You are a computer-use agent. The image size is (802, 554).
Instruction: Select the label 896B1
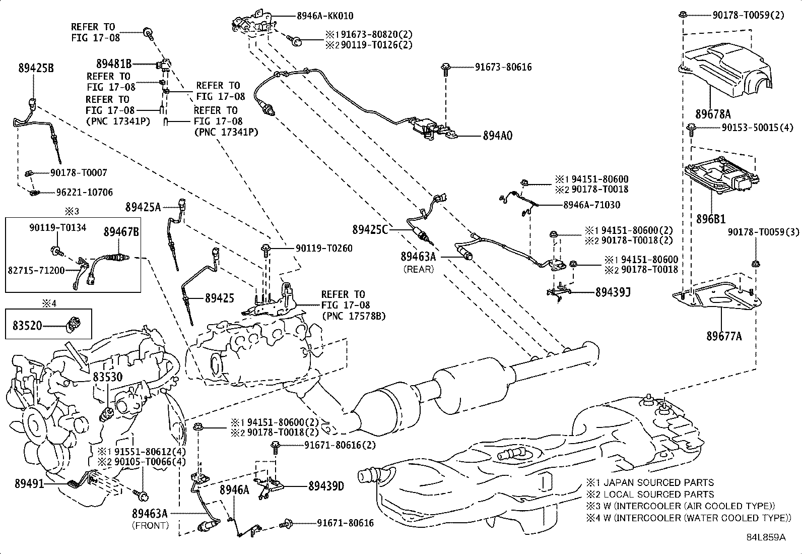click(x=711, y=220)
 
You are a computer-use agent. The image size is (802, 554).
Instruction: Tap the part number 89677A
click(x=723, y=336)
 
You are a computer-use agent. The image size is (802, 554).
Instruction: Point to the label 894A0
click(x=497, y=136)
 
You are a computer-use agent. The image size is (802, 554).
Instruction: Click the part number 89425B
click(x=36, y=69)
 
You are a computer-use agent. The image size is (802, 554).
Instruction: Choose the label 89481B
click(x=114, y=64)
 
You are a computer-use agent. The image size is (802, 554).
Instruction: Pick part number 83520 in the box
click(x=28, y=326)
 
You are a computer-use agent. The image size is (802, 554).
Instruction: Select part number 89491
click(x=29, y=483)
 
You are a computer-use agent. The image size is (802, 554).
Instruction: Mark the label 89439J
click(x=614, y=292)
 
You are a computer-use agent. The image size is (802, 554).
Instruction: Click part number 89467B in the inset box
click(x=121, y=232)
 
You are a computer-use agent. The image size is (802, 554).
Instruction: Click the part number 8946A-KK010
click(x=324, y=16)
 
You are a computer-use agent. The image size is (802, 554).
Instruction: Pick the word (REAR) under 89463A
click(x=418, y=269)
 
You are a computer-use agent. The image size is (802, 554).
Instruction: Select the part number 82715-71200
click(x=36, y=270)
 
